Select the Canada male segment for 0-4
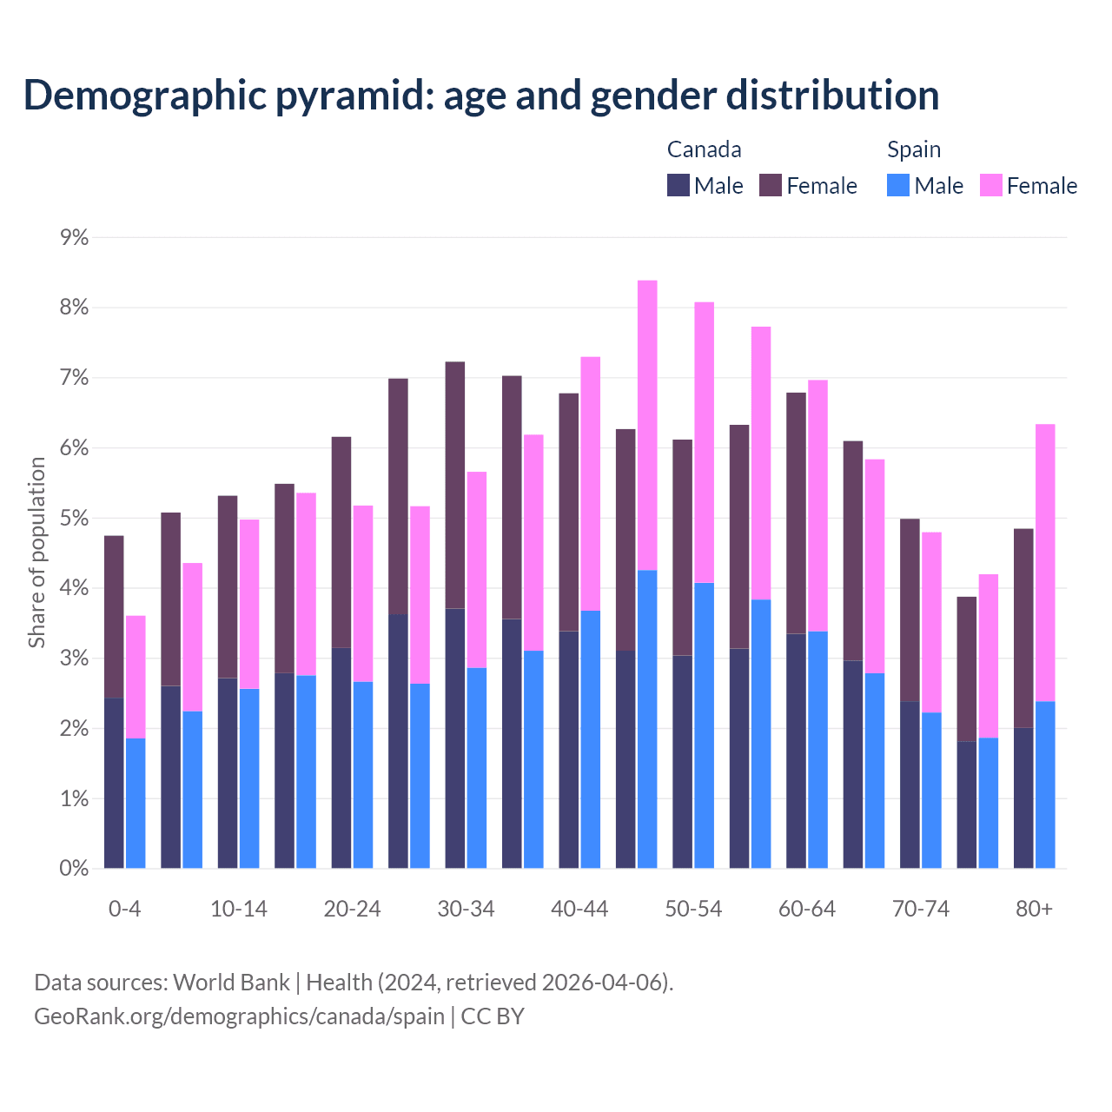(x=114, y=783)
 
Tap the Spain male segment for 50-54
(x=705, y=725)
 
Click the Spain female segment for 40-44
(x=591, y=484)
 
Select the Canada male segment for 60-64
(x=797, y=751)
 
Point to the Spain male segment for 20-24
(x=363, y=775)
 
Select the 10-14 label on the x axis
(x=239, y=909)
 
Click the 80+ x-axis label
(x=1034, y=909)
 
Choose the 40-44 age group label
(x=579, y=909)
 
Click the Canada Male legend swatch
(x=678, y=185)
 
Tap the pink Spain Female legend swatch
(x=991, y=185)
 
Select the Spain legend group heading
(x=914, y=149)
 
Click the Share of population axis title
(x=37, y=553)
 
